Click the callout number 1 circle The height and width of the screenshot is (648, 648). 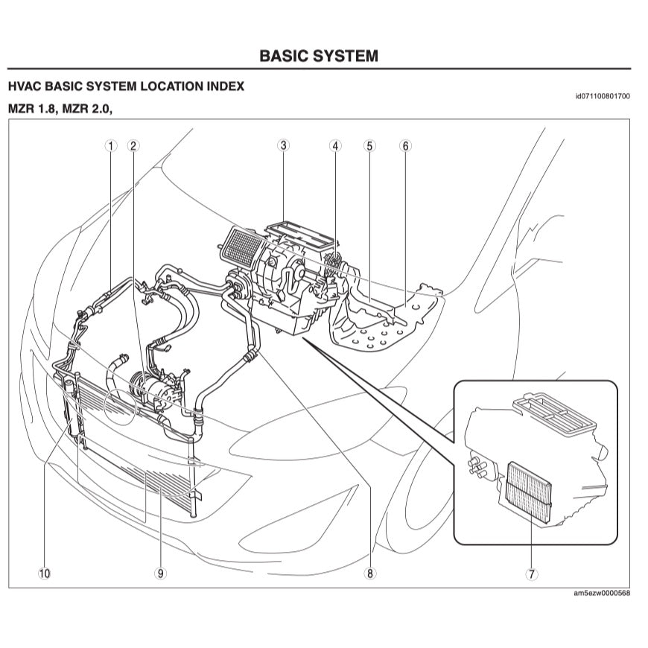(111, 146)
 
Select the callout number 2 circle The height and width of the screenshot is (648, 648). (133, 146)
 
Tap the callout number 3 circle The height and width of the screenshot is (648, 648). (284, 145)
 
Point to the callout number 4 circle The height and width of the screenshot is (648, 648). (336, 146)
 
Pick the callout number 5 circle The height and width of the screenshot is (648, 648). (370, 146)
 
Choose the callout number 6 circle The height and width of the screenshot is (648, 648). (406, 146)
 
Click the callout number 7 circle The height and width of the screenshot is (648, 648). (531, 574)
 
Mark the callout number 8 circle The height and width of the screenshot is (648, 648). (369, 574)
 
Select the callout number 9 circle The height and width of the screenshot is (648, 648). (160, 574)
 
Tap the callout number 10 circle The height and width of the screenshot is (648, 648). (44, 574)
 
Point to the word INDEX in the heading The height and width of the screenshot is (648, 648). (226, 86)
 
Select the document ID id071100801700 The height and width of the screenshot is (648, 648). (603, 96)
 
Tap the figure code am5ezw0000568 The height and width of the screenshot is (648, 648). (602, 594)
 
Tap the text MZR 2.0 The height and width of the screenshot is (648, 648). (90, 109)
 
